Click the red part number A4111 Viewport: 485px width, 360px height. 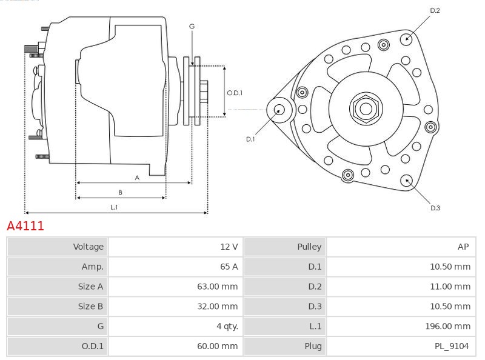pyautogui.click(x=25, y=226)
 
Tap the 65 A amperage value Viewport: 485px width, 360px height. pyautogui.click(x=228, y=267)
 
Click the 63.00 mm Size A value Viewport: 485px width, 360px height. pyautogui.click(x=217, y=287)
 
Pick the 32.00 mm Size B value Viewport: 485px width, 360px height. pyautogui.click(x=217, y=307)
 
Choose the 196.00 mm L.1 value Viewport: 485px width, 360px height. pyautogui.click(x=447, y=327)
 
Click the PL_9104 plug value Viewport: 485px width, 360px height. pyautogui.click(x=452, y=347)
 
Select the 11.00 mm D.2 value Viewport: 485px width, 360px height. pyautogui.click(x=450, y=287)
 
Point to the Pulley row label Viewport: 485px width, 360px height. pyautogui.click(x=309, y=247)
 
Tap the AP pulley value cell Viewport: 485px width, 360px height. pyautogui.click(x=463, y=247)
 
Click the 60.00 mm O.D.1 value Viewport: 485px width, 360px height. pyautogui.click(x=217, y=347)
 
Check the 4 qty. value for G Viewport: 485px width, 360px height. pyautogui.click(x=225, y=327)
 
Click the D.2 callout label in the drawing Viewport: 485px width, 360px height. pyautogui.click(x=435, y=10)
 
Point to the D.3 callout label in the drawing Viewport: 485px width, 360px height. pyautogui.click(x=435, y=208)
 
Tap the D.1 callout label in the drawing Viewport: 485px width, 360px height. pyautogui.click(x=250, y=139)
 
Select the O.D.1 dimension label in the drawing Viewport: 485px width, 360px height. pyautogui.click(x=235, y=93)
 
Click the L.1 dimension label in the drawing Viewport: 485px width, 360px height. pyautogui.click(x=114, y=207)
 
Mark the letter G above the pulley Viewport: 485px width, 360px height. pyautogui.click(x=192, y=26)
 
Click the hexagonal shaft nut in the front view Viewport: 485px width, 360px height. pyautogui.click(x=366, y=108)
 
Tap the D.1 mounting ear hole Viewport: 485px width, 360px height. pyautogui.click(x=279, y=110)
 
